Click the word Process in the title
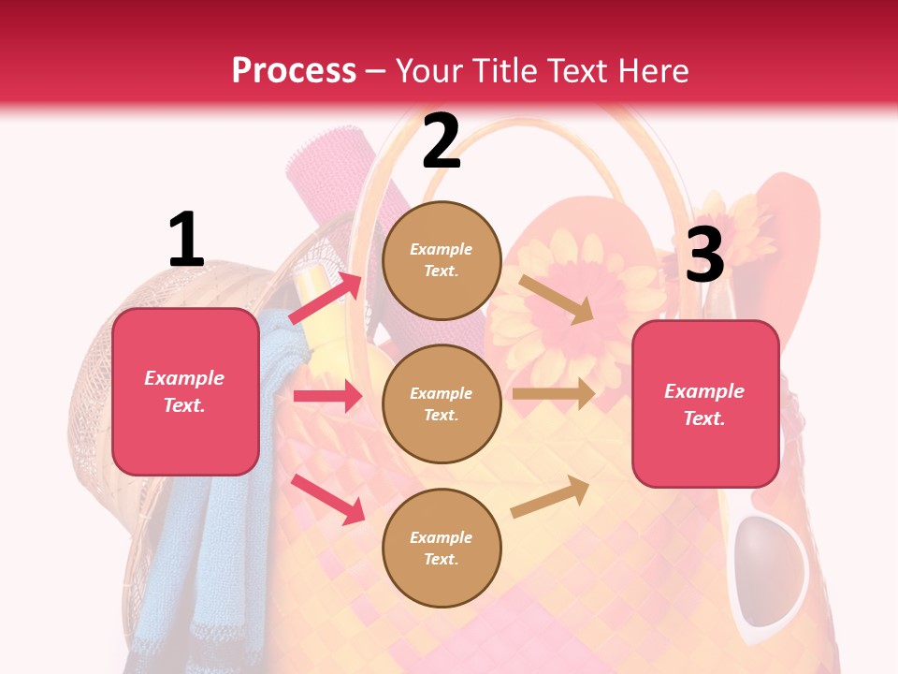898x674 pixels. point(294,70)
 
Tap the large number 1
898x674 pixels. point(186,240)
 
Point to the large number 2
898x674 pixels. point(441,140)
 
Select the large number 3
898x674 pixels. point(704,255)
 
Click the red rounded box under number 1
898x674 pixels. point(185,391)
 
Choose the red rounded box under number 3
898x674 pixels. point(705,404)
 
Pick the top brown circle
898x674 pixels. point(442,260)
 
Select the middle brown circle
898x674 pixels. point(442,404)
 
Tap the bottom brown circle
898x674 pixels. point(442,549)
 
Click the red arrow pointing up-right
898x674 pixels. point(326,297)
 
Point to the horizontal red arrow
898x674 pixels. point(327,396)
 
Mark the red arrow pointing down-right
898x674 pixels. point(327,499)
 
